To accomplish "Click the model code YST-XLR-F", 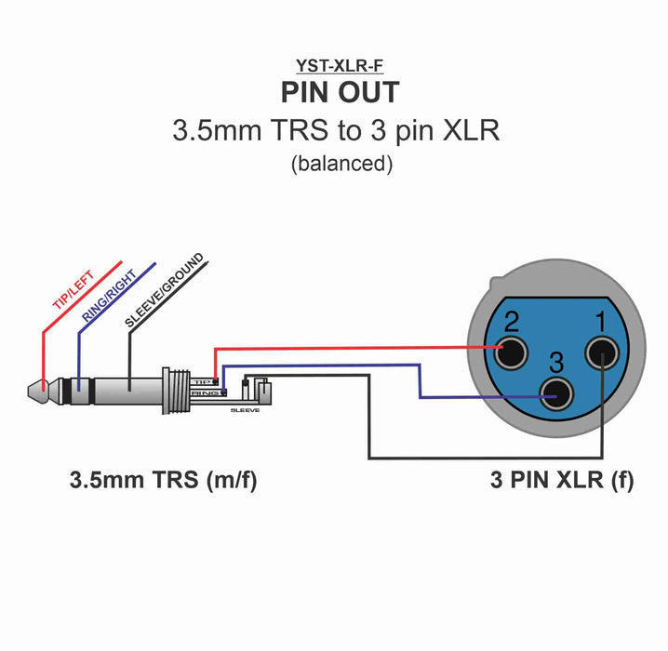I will pyautogui.click(x=340, y=66).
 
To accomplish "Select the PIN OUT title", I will pyautogui.click(x=340, y=93).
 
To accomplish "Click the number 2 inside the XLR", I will pyautogui.click(x=511, y=324).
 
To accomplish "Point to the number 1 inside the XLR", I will pyautogui.click(x=601, y=324).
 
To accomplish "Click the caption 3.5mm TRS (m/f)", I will pyautogui.click(x=164, y=482).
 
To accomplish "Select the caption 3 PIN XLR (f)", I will pyautogui.click(x=562, y=482).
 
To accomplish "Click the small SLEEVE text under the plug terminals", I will pyautogui.click(x=246, y=409).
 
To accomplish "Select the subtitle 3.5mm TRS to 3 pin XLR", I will pyautogui.click(x=336, y=129).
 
